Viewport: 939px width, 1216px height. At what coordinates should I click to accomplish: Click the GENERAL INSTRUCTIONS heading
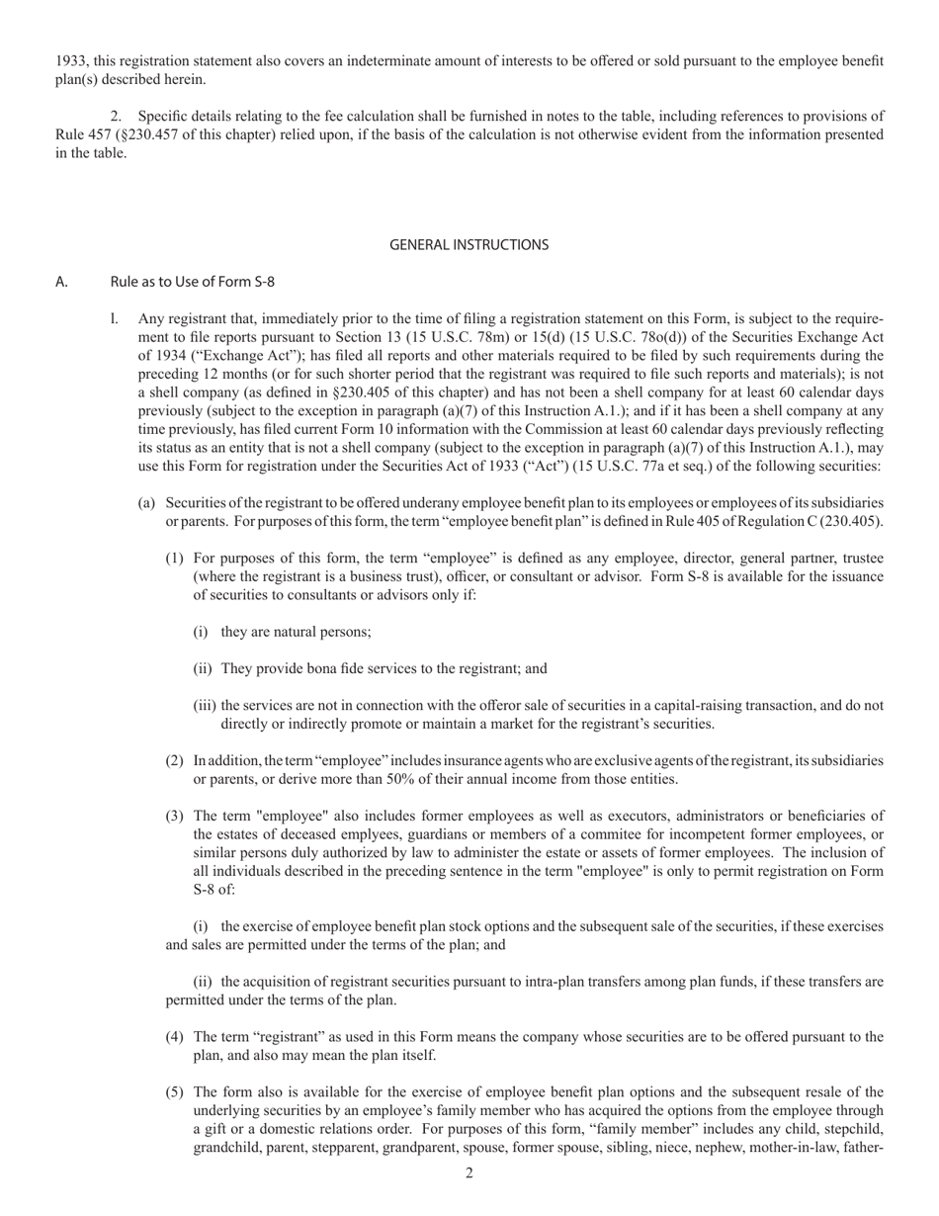pyautogui.click(x=469, y=244)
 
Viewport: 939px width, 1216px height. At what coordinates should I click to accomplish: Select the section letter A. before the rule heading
pyautogui.click(x=61, y=282)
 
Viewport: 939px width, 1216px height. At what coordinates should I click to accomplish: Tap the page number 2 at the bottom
pyautogui.click(x=469, y=1173)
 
